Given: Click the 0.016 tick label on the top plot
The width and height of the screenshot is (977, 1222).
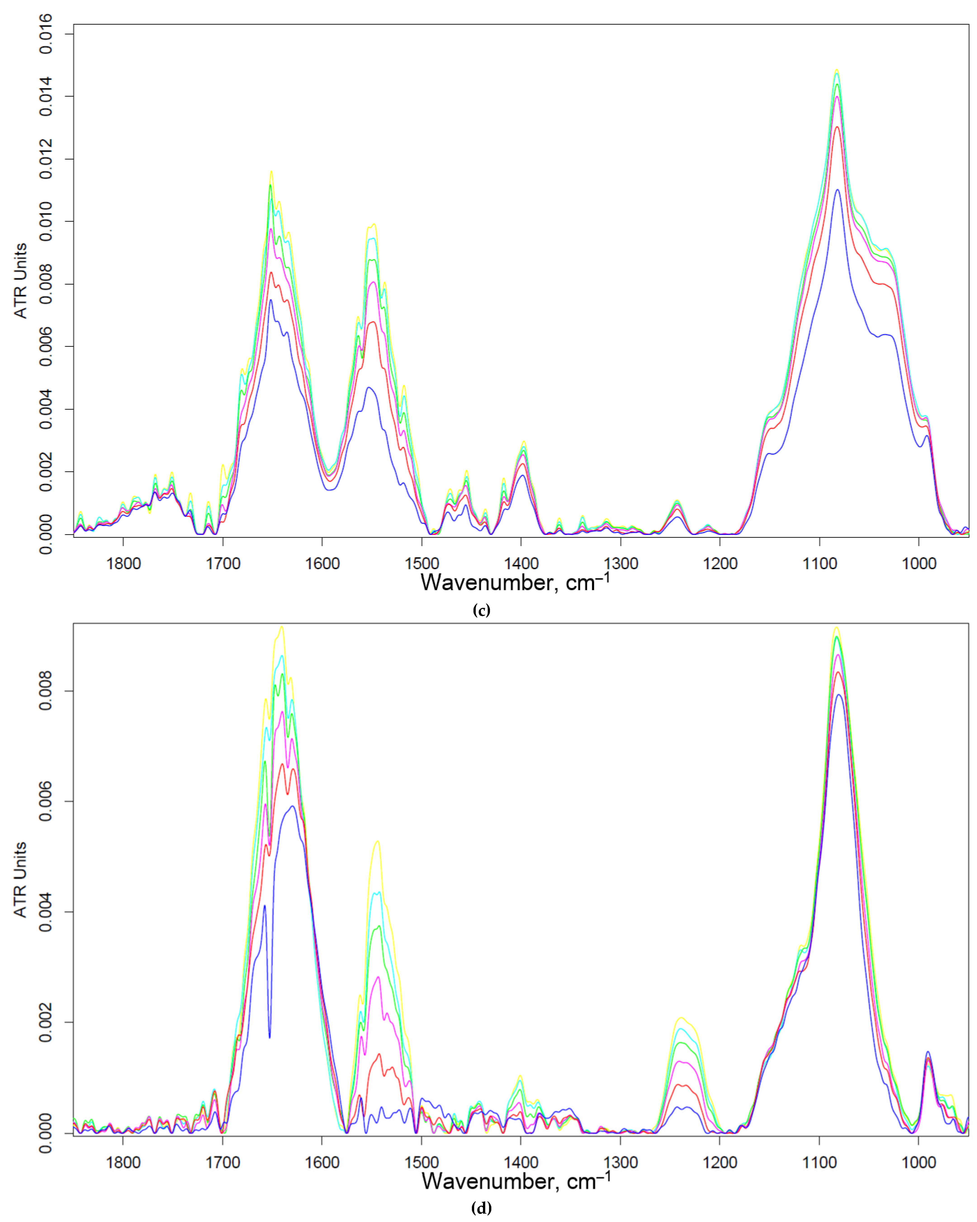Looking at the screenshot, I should coord(45,34).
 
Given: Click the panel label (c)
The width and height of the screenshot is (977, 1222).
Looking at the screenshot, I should coord(481,610).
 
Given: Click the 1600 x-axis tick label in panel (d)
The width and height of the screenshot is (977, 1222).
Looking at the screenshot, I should coord(322,1163).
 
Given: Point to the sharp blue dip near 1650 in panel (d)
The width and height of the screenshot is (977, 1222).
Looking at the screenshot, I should coord(269,1037).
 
